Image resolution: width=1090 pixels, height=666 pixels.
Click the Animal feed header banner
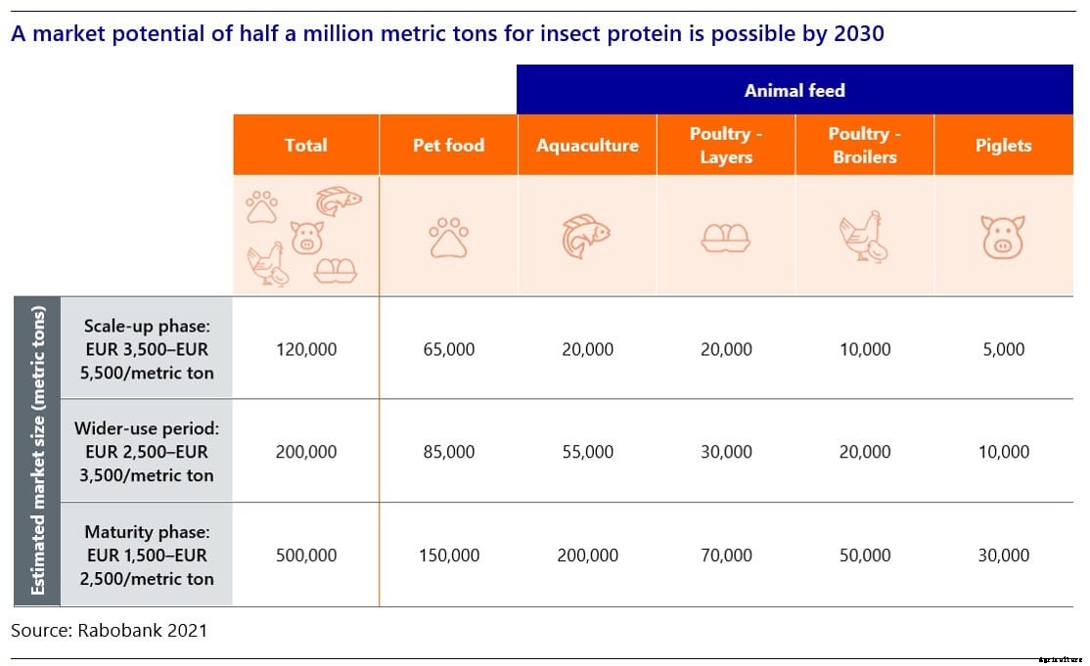point(795,90)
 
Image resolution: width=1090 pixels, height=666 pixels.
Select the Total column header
point(305,145)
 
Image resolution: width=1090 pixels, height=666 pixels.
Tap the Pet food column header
point(448,145)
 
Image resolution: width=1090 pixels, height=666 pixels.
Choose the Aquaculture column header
point(587,145)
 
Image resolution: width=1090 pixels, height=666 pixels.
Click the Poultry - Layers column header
point(725,145)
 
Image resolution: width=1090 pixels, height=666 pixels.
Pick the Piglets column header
point(1003,145)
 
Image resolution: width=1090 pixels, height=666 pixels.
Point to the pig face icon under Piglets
point(1003,237)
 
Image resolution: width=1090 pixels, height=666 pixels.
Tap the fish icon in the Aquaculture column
point(586,237)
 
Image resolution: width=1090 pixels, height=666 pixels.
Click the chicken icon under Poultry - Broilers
point(864,237)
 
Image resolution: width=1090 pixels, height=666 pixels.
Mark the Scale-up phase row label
point(147,348)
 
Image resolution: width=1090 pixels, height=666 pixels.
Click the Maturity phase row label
point(147,555)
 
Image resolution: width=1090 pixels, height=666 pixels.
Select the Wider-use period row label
point(147,451)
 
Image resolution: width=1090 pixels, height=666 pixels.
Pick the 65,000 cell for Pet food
point(448,349)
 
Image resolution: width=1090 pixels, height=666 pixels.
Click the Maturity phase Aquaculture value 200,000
point(587,555)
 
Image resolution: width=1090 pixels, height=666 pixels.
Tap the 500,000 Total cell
point(305,555)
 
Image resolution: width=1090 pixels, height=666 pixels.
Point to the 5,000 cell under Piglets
point(1003,349)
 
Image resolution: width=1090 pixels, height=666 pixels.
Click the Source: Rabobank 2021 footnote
point(109,631)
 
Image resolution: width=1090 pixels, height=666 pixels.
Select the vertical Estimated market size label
point(37,451)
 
